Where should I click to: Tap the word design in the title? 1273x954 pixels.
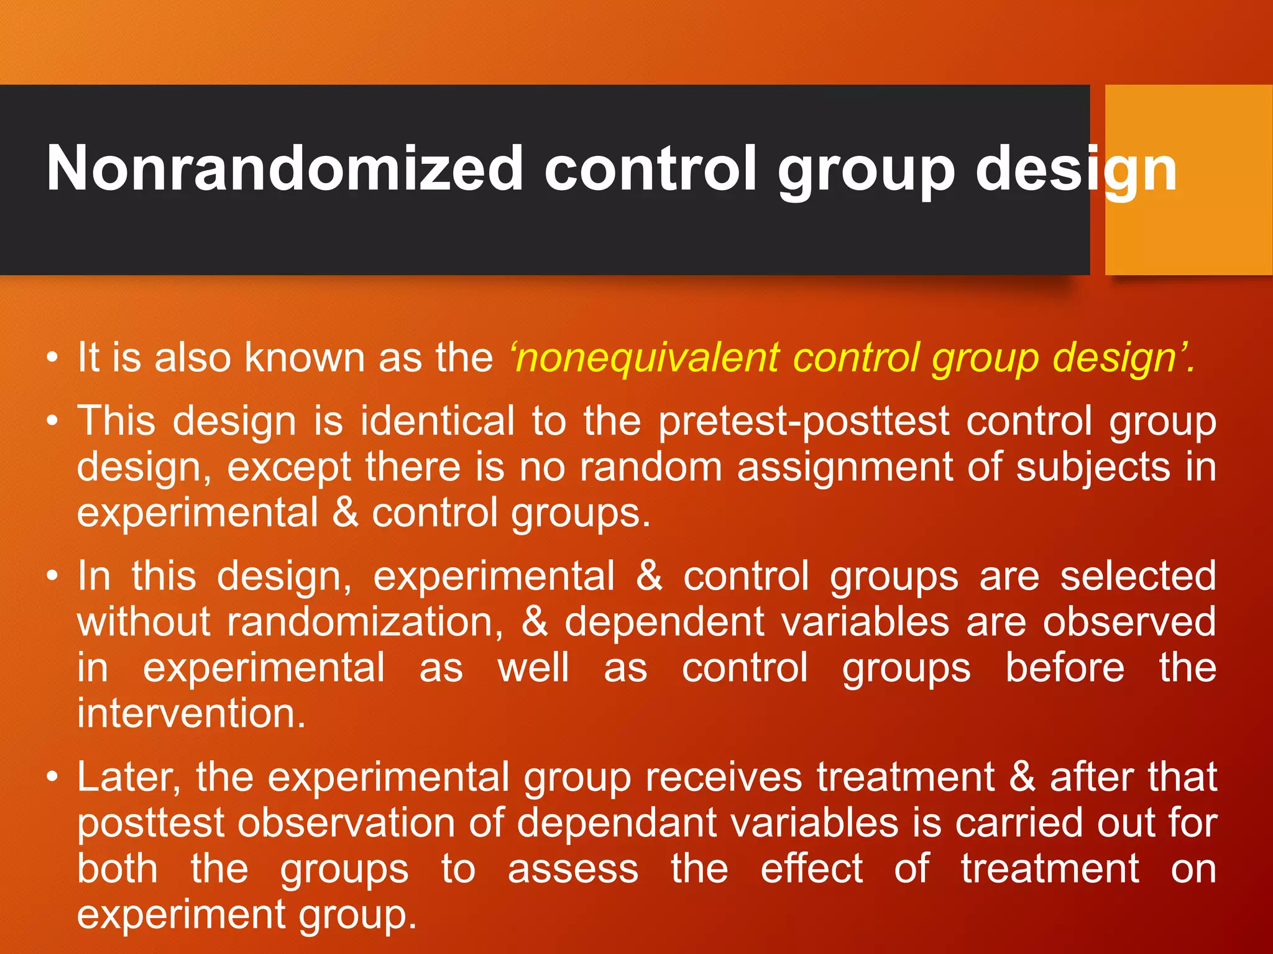(x=1075, y=169)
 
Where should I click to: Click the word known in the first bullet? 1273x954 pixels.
(x=305, y=358)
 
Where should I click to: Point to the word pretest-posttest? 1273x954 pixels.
(x=804, y=422)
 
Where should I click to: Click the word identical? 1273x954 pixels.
(x=438, y=422)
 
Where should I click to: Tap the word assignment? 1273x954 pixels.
(x=845, y=467)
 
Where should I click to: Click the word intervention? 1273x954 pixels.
(x=191, y=713)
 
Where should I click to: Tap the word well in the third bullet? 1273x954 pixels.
(x=533, y=668)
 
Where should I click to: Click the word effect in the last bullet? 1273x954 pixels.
(x=811, y=869)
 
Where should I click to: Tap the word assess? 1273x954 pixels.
(x=573, y=869)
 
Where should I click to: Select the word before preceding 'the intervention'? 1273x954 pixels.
(x=1065, y=668)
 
